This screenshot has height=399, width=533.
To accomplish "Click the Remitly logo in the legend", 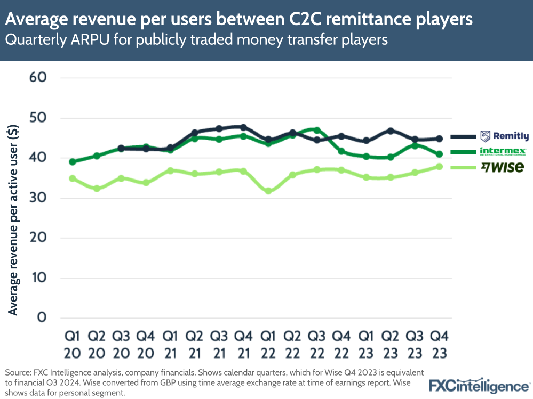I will (x=504, y=136).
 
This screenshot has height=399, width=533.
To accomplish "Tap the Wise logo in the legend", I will (x=502, y=167).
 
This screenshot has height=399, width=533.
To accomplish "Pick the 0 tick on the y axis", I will (x=42, y=318).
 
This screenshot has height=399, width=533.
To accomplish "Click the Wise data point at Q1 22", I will (x=268, y=191).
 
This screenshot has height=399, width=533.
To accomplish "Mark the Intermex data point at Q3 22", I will (x=317, y=131).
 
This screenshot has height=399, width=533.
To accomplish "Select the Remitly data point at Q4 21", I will (x=243, y=127).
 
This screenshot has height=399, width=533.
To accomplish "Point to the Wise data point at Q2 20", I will (x=97, y=189).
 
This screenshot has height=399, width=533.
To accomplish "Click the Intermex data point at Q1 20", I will (x=73, y=161).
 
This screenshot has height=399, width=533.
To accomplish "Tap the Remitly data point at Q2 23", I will (x=391, y=131).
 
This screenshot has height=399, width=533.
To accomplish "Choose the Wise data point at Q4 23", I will (x=439, y=167).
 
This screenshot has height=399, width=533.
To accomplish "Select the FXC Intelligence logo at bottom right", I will (x=479, y=386).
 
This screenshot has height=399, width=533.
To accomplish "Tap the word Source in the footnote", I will (x=16, y=372).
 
